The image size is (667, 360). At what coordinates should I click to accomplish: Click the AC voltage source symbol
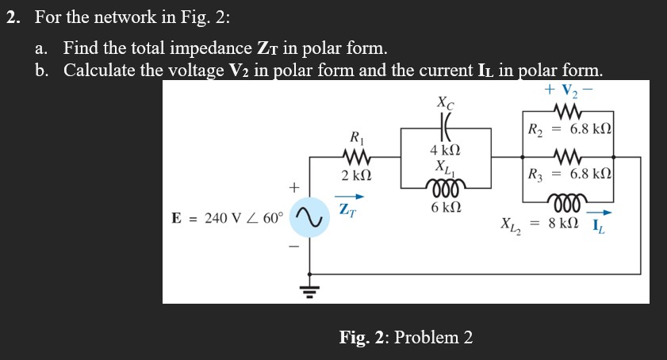tap(309, 216)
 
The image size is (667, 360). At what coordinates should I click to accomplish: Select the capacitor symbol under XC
tap(441, 126)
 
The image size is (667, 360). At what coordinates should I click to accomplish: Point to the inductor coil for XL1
tap(441, 190)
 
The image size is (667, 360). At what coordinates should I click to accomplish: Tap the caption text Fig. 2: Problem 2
tap(406, 337)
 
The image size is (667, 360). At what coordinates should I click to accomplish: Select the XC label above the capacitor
tap(444, 102)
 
